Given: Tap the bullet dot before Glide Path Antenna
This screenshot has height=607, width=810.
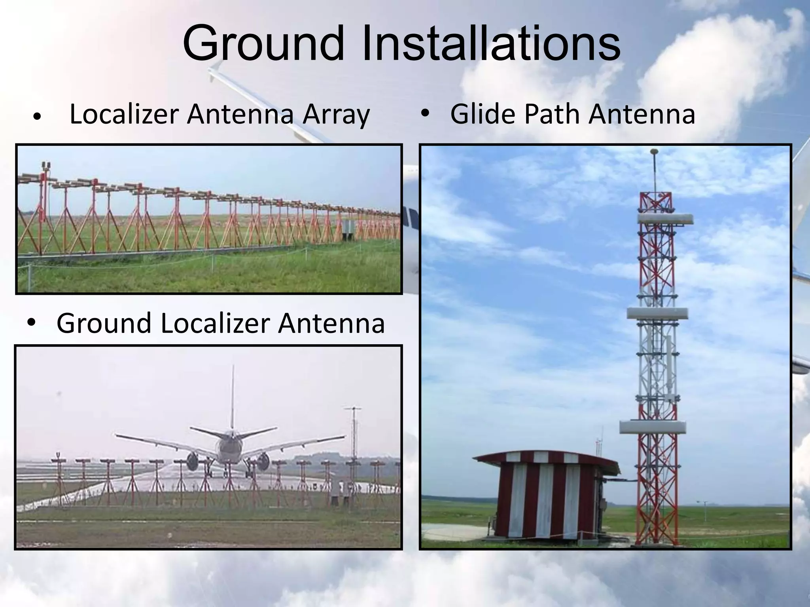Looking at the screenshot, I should point(425,114).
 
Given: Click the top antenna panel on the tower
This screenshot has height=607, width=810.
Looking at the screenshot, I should point(665,219).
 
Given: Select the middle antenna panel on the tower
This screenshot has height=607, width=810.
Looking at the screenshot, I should point(657,313).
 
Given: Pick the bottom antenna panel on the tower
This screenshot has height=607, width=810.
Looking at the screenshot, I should point(653,427).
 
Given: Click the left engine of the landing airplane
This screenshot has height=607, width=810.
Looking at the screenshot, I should point(193,461).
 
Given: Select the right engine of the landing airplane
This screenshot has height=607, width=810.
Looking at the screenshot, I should point(263,461).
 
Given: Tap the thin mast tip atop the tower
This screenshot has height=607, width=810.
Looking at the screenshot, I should point(655,166).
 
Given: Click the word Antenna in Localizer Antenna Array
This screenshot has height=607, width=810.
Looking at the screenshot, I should point(240,115).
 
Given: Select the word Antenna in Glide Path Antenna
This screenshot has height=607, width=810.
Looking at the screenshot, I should point(642,114).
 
